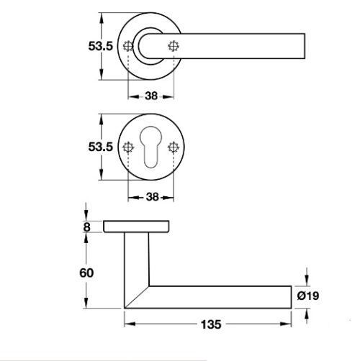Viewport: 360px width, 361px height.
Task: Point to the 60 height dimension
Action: click(x=87, y=273)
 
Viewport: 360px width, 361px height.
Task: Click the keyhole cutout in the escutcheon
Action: click(x=150, y=147)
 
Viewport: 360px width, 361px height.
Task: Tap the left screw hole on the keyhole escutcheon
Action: click(x=129, y=147)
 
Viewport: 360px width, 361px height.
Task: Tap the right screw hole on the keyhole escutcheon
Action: click(x=173, y=147)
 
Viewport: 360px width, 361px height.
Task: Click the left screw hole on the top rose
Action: click(x=129, y=45)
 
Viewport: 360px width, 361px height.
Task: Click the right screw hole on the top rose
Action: click(x=173, y=45)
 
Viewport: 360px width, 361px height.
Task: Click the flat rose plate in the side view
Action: click(x=138, y=227)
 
